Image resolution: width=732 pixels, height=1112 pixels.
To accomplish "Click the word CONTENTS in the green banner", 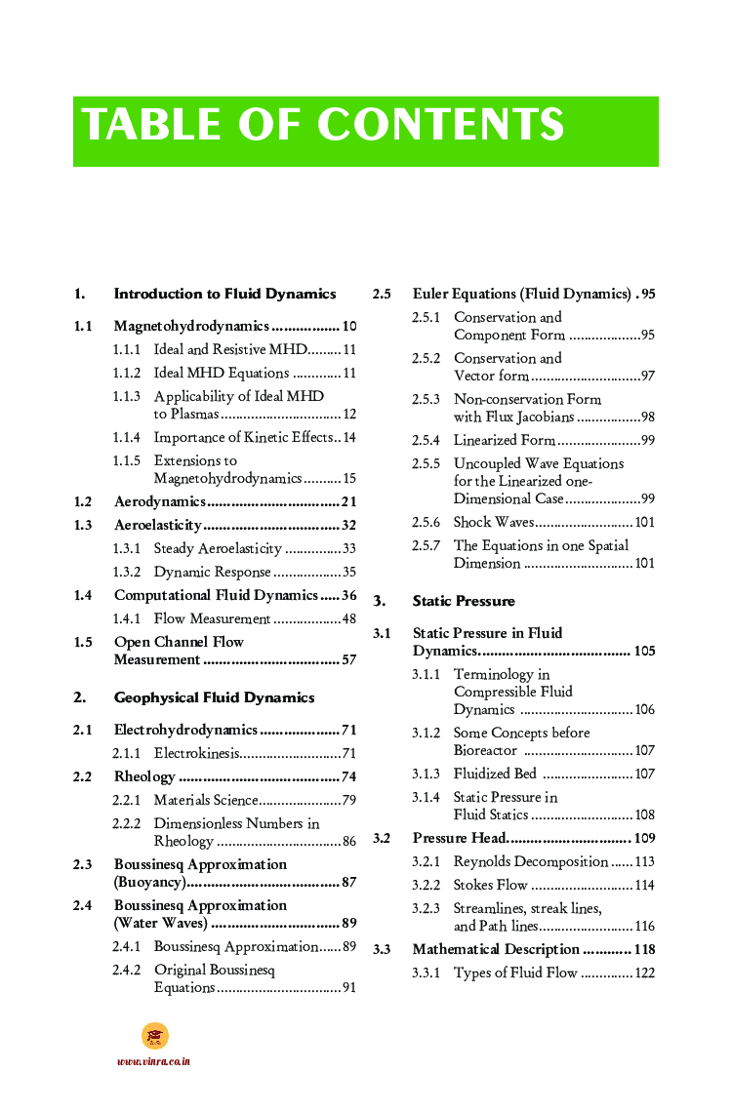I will point(440,126).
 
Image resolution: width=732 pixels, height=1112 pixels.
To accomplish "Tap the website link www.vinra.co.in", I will point(153,1061).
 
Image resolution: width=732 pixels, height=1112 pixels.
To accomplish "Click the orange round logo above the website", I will point(154,1036).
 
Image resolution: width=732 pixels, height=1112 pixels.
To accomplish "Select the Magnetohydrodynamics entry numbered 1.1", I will point(191,326).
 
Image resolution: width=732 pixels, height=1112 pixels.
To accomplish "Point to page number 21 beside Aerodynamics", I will point(348,501).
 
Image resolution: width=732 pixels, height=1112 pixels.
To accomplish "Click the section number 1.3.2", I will point(127,572).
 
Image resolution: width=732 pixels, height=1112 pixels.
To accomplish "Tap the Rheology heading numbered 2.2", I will point(144,776).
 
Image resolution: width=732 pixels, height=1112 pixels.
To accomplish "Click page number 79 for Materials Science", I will point(348,800).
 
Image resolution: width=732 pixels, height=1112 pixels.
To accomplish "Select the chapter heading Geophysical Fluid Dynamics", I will point(214,697).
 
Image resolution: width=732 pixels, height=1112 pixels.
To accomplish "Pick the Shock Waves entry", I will point(493,522).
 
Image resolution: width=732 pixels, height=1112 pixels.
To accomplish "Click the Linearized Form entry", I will point(504,440).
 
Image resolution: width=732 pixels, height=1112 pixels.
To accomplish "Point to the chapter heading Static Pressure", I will point(464,601).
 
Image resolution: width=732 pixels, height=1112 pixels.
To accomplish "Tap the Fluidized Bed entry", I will point(495,774).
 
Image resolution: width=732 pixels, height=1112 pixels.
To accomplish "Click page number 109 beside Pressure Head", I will point(644,838).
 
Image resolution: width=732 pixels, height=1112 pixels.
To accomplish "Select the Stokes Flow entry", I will point(490,885).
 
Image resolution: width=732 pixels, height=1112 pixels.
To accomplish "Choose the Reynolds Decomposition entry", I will point(530,861).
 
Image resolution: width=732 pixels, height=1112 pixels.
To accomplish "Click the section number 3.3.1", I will point(426,973).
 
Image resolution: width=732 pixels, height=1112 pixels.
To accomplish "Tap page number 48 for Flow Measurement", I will point(348,618).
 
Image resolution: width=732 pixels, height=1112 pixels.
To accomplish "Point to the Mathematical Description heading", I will point(496,949).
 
